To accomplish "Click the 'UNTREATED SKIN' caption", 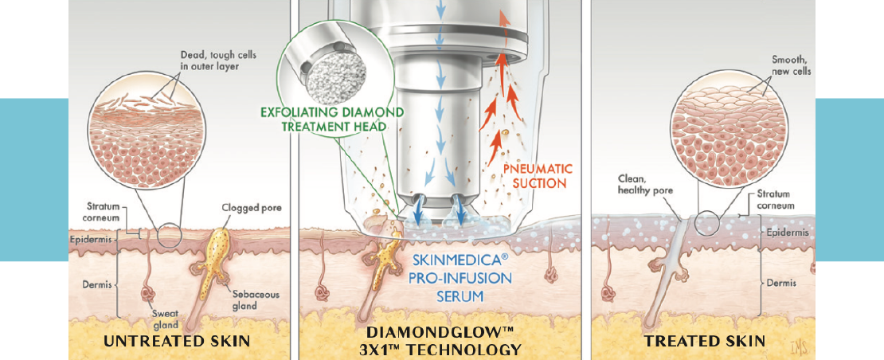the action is coord(178,341).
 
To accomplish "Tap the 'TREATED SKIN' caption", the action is coord(705,341).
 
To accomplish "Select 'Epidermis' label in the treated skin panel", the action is coord(785,233).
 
